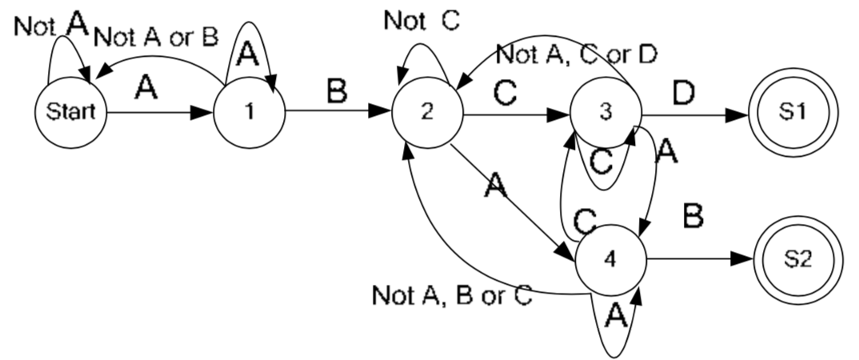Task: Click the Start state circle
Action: [x=70, y=113]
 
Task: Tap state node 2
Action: [x=427, y=113]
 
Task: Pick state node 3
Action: [x=605, y=113]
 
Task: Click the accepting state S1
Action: [x=792, y=113]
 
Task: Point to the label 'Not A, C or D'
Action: [x=576, y=54]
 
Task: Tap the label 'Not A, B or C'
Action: [x=452, y=295]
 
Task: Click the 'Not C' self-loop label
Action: [x=422, y=21]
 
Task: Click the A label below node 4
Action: [x=613, y=317]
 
